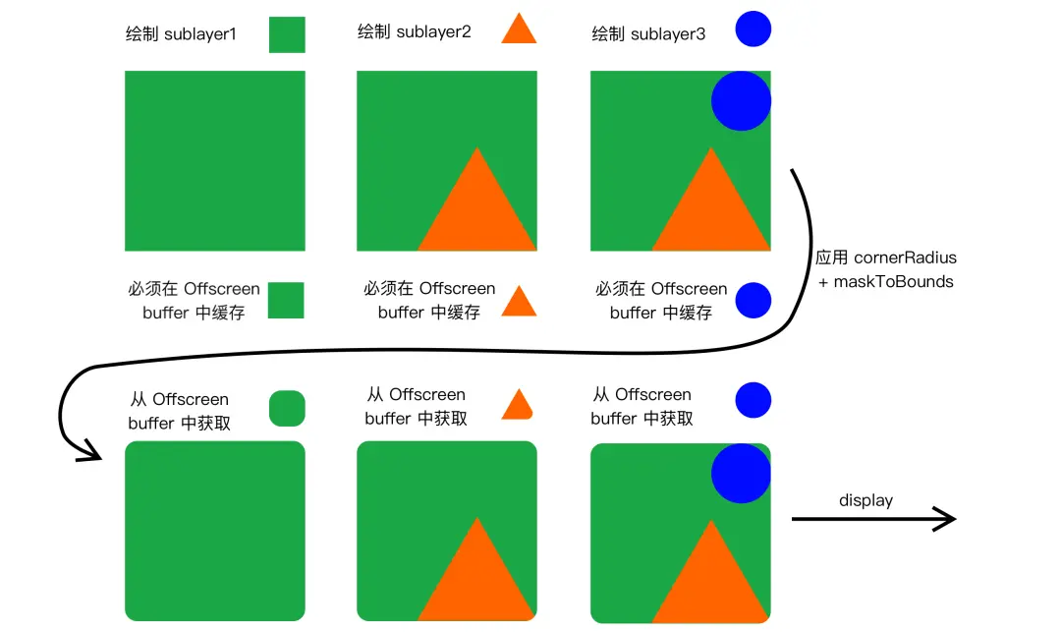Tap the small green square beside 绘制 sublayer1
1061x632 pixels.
[287, 34]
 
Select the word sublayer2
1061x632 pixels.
[433, 31]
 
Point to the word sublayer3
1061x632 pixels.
[667, 34]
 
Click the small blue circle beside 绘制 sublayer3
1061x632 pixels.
[754, 29]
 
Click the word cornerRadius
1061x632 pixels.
[905, 258]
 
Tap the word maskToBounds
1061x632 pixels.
[893, 281]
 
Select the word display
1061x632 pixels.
[866, 500]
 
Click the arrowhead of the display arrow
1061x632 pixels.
[945, 519]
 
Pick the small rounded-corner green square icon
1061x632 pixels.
[287, 408]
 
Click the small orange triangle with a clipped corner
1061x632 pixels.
[518, 405]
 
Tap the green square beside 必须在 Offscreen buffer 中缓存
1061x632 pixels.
[287, 300]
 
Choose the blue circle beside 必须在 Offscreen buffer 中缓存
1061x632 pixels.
[754, 300]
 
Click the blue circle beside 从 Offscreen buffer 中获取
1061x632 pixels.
[754, 400]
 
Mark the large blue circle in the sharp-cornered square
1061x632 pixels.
[741, 101]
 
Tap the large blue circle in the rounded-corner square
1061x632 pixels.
[741, 473]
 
